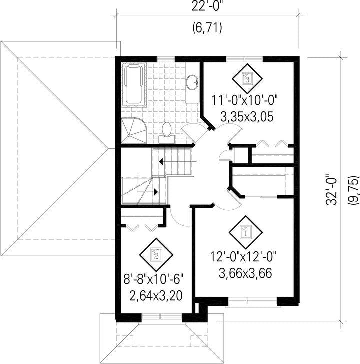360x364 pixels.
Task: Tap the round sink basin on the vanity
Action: pyautogui.click(x=192, y=82)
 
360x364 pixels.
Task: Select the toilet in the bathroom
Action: pyautogui.click(x=166, y=133)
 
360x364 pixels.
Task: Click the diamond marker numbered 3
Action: pyautogui.click(x=247, y=78)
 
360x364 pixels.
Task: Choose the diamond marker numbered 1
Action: pyautogui.click(x=246, y=232)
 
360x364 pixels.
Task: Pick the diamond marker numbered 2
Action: pyautogui.click(x=156, y=255)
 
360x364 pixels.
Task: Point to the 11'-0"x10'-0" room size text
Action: pyautogui.click(x=245, y=101)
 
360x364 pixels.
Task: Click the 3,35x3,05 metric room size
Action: pyautogui.click(x=247, y=117)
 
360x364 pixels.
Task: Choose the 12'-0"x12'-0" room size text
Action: pyautogui.click(x=244, y=257)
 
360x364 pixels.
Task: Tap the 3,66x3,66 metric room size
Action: pyautogui.click(x=245, y=273)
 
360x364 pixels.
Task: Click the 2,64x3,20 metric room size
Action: pyautogui.click(x=156, y=296)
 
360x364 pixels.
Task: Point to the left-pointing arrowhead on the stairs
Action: pyautogui.click(x=161, y=161)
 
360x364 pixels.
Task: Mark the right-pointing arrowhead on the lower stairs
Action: pyautogui.click(x=156, y=192)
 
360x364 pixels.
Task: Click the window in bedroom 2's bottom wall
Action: pyautogui.click(x=162, y=317)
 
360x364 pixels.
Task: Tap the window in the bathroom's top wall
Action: pyautogui.click(x=166, y=59)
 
